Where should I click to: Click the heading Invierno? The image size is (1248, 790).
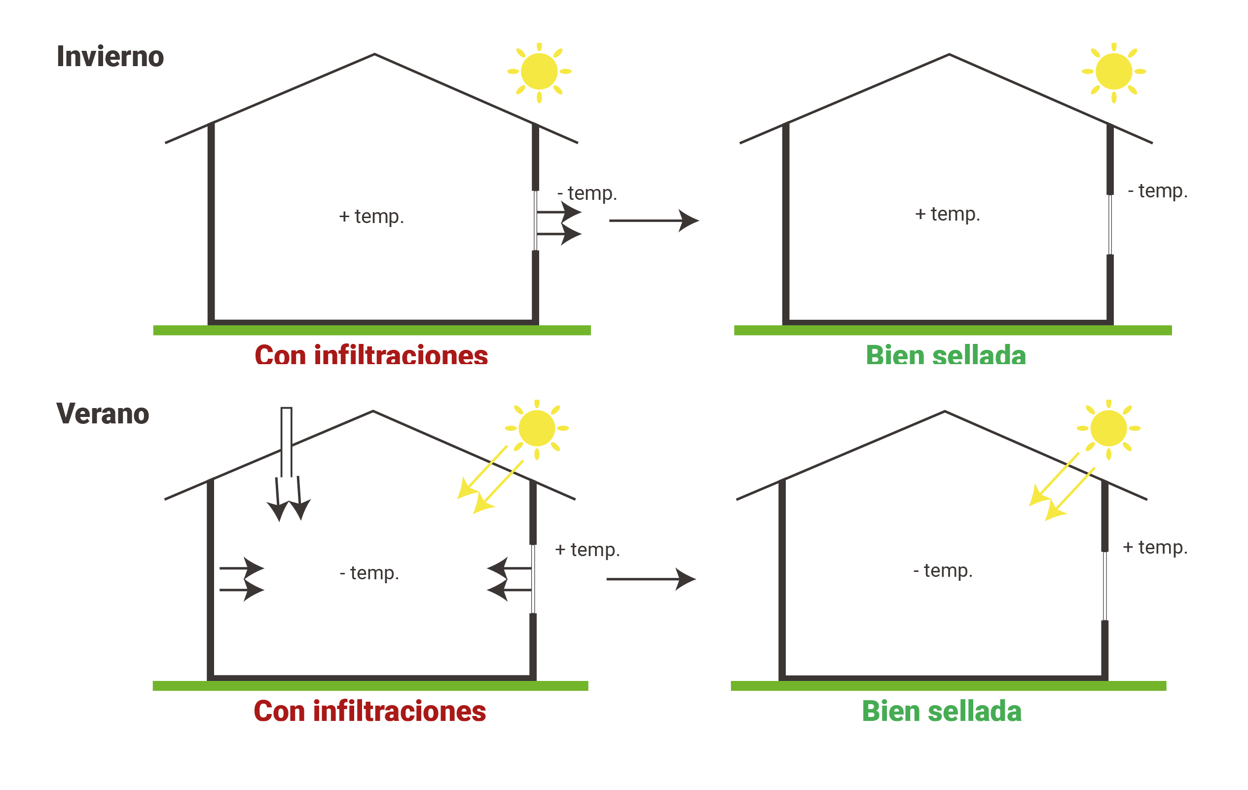click(x=110, y=57)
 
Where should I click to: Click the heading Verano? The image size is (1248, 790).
click(x=103, y=414)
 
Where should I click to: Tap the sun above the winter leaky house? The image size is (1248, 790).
click(x=539, y=72)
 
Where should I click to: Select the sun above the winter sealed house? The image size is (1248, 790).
click(x=1114, y=72)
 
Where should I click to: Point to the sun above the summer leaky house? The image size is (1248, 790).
click(x=536, y=428)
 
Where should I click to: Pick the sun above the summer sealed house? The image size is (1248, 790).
click(x=1108, y=428)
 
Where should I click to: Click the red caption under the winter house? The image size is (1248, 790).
click(x=371, y=356)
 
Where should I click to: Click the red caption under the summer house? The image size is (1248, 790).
click(x=369, y=711)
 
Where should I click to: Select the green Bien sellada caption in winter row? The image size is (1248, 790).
click(x=946, y=356)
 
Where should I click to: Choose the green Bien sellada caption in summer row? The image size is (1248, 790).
click(x=942, y=711)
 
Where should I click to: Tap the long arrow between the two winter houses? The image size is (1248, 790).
click(x=654, y=220)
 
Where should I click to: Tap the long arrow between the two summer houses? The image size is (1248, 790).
click(x=651, y=579)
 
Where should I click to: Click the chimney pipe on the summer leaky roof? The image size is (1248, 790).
click(x=286, y=442)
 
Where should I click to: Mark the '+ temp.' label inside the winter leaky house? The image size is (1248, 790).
click(x=371, y=217)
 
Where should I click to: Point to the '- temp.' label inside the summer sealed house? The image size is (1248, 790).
click(x=943, y=571)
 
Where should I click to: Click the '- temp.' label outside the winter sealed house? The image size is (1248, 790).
click(x=1157, y=191)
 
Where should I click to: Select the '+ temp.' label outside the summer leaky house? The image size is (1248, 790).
click(x=587, y=550)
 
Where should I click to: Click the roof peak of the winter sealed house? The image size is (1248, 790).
click(x=949, y=55)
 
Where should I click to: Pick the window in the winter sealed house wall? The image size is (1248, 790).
click(x=1109, y=225)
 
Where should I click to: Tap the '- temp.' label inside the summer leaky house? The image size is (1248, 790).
click(x=369, y=573)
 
